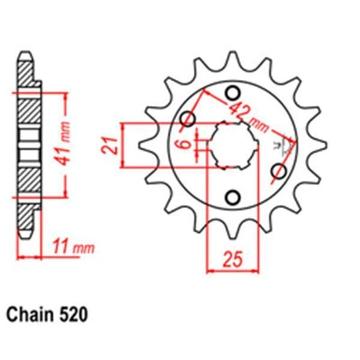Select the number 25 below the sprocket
[x=233, y=260]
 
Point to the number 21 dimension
[x=109, y=145]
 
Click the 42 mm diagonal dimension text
[x=246, y=117]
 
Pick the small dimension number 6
[x=185, y=145]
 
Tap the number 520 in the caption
[x=72, y=315]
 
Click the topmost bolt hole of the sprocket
[x=233, y=94]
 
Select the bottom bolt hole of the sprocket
[x=233, y=197]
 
